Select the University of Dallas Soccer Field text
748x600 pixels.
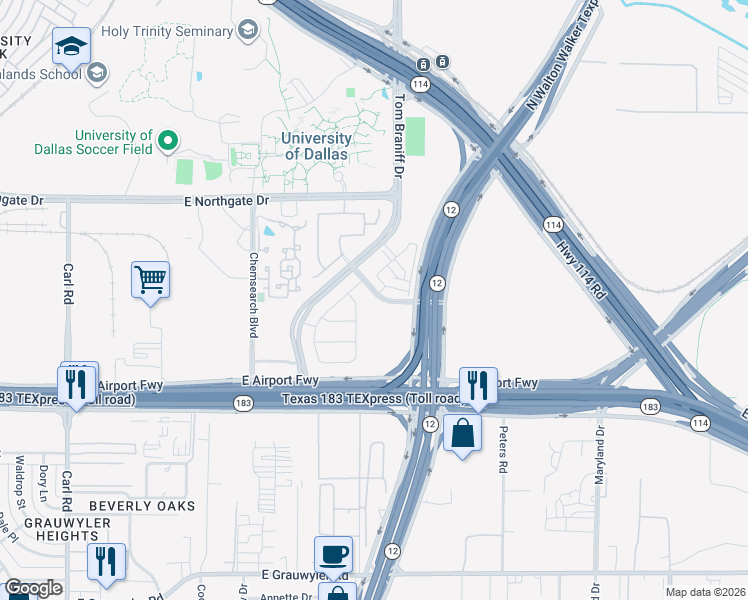coord(112,142)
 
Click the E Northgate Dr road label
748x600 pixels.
coord(227,201)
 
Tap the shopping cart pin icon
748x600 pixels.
coord(150,280)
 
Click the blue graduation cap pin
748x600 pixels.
coord(71,46)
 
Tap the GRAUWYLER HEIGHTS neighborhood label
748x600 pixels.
coord(49,528)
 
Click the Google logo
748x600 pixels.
coord(33,588)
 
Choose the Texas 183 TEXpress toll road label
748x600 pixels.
coord(371,399)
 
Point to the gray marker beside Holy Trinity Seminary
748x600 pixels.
coord(247,30)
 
